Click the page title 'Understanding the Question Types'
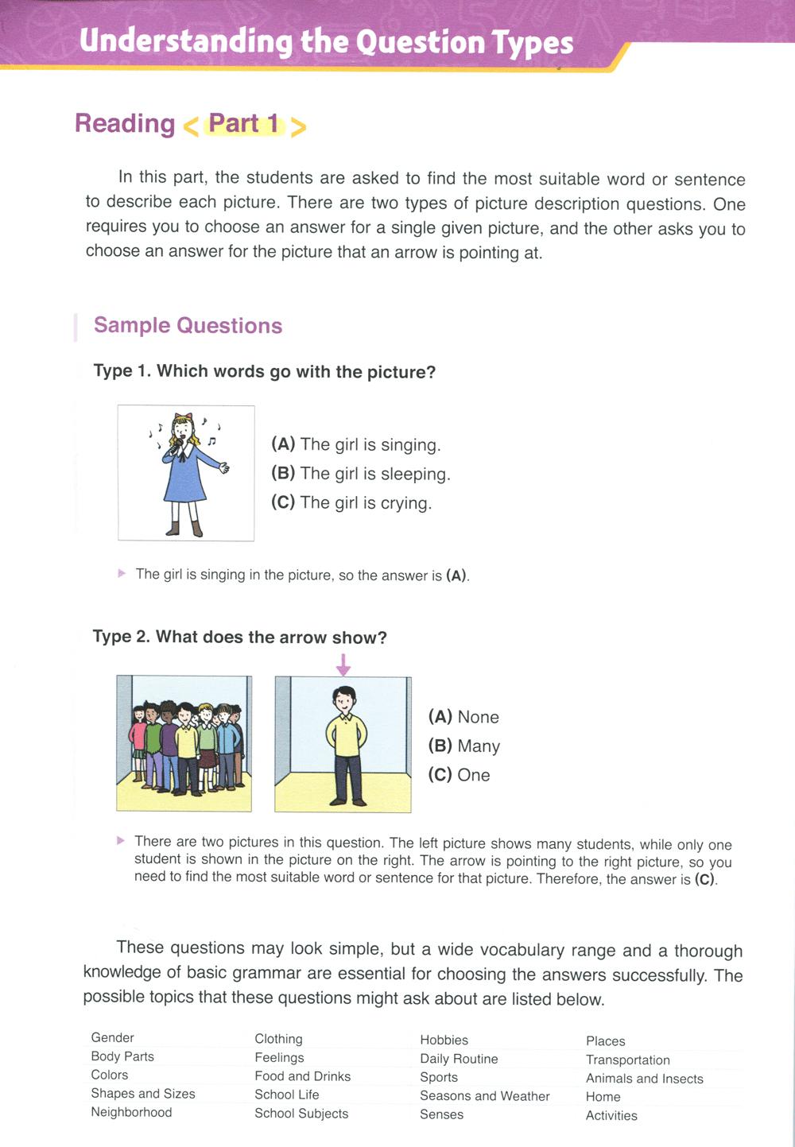pos(326,41)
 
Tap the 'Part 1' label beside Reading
pos(244,124)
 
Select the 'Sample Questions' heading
pos(188,326)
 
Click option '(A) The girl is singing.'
pos(355,444)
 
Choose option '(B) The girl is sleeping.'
pos(360,474)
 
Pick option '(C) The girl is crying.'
pos(351,502)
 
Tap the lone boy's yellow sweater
pos(346,735)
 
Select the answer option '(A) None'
pos(463,717)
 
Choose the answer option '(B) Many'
pos(463,746)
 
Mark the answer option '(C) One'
pos(459,775)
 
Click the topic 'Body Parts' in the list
pos(122,1056)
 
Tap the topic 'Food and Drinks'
pos(302,1076)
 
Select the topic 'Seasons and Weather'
pos(484,1096)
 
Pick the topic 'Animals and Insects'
pos(644,1079)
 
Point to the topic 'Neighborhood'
pos(131,1112)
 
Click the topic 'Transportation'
pos(627,1060)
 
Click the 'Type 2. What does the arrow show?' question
pos(239,637)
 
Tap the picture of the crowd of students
pos(184,744)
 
